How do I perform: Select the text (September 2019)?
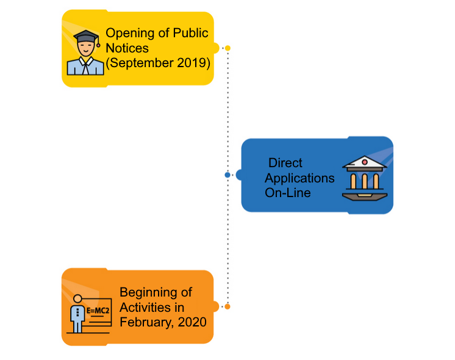tap(158, 63)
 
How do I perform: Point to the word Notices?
tap(127, 48)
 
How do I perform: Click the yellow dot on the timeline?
tap(227, 48)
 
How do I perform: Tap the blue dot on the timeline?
tap(227, 175)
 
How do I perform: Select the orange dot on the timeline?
tap(227, 306)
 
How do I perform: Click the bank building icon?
tap(364, 178)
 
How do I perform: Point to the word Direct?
tap(285, 164)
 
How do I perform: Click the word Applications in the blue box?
tap(299, 178)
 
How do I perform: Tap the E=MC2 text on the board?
tap(98, 311)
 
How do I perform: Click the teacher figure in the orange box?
tap(77, 314)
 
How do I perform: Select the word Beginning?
tap(148, 292)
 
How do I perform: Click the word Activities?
tap(144, 307)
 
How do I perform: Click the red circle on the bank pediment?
tap(364, 162)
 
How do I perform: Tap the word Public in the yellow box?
tap(191, 33)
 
